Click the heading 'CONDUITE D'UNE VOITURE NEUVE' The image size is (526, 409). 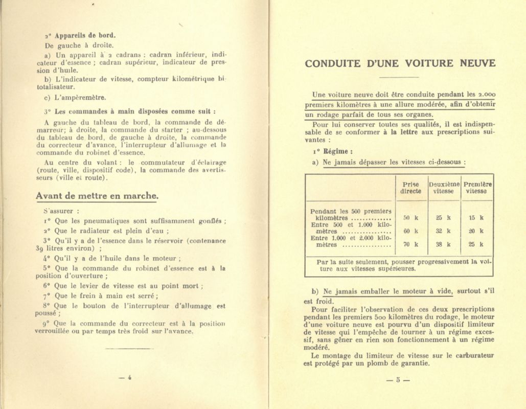(x=400, y=64)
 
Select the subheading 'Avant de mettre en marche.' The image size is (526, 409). (x=97, y=196)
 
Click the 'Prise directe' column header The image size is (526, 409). (x=410, y=188)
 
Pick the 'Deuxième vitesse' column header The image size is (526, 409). (x=444, y=188)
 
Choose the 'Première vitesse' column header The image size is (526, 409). (x=477, y=188)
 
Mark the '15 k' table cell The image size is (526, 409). (x=476, y=217)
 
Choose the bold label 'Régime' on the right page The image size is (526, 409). (x=338, y=151)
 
